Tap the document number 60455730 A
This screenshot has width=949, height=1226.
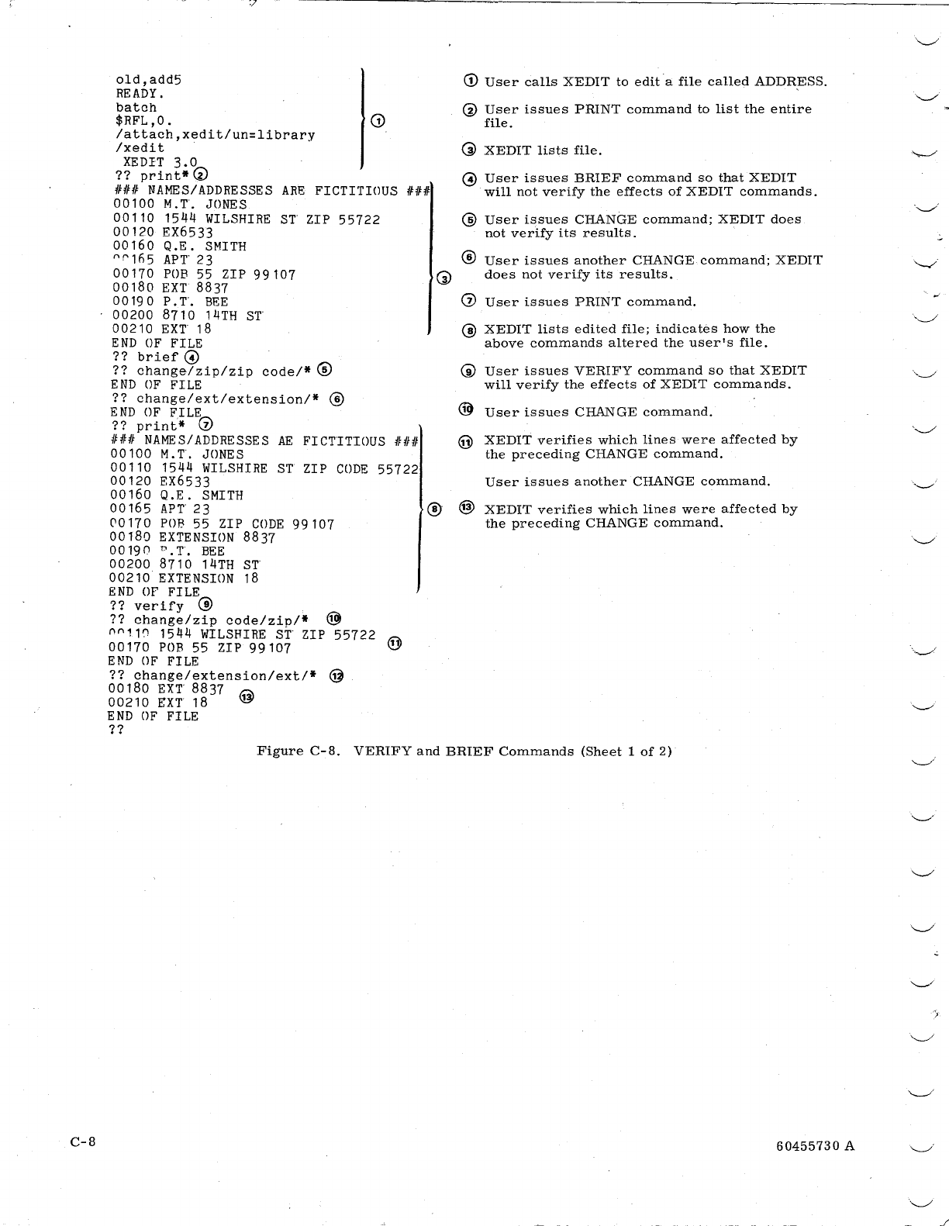(815, 1146)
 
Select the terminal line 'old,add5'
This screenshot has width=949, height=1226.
(148, 79)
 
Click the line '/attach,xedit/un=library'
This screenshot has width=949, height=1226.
(215, 135)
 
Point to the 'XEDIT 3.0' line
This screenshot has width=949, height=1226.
(160, 162)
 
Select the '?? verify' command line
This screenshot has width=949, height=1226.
(147, 606)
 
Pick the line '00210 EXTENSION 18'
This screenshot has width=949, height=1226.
(184, 578)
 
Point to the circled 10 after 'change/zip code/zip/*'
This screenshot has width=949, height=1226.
(333, 619)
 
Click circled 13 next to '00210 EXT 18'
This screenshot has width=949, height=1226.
(247, 697)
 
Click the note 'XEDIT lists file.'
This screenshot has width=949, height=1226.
(543, 150)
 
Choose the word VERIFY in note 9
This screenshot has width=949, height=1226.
(605, 371)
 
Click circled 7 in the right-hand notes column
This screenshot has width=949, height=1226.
(469, 302)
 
